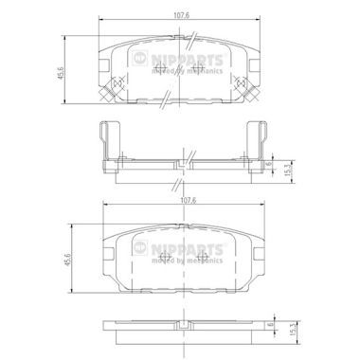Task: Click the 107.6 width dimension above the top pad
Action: [181, 15]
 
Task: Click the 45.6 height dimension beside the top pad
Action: [61, 73]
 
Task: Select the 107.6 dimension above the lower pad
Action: [186, 200]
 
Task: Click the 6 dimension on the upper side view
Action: [269, 164]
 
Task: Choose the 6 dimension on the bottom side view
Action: [270, 325]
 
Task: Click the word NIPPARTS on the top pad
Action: [187, 60]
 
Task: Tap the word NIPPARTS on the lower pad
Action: [187, 249]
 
